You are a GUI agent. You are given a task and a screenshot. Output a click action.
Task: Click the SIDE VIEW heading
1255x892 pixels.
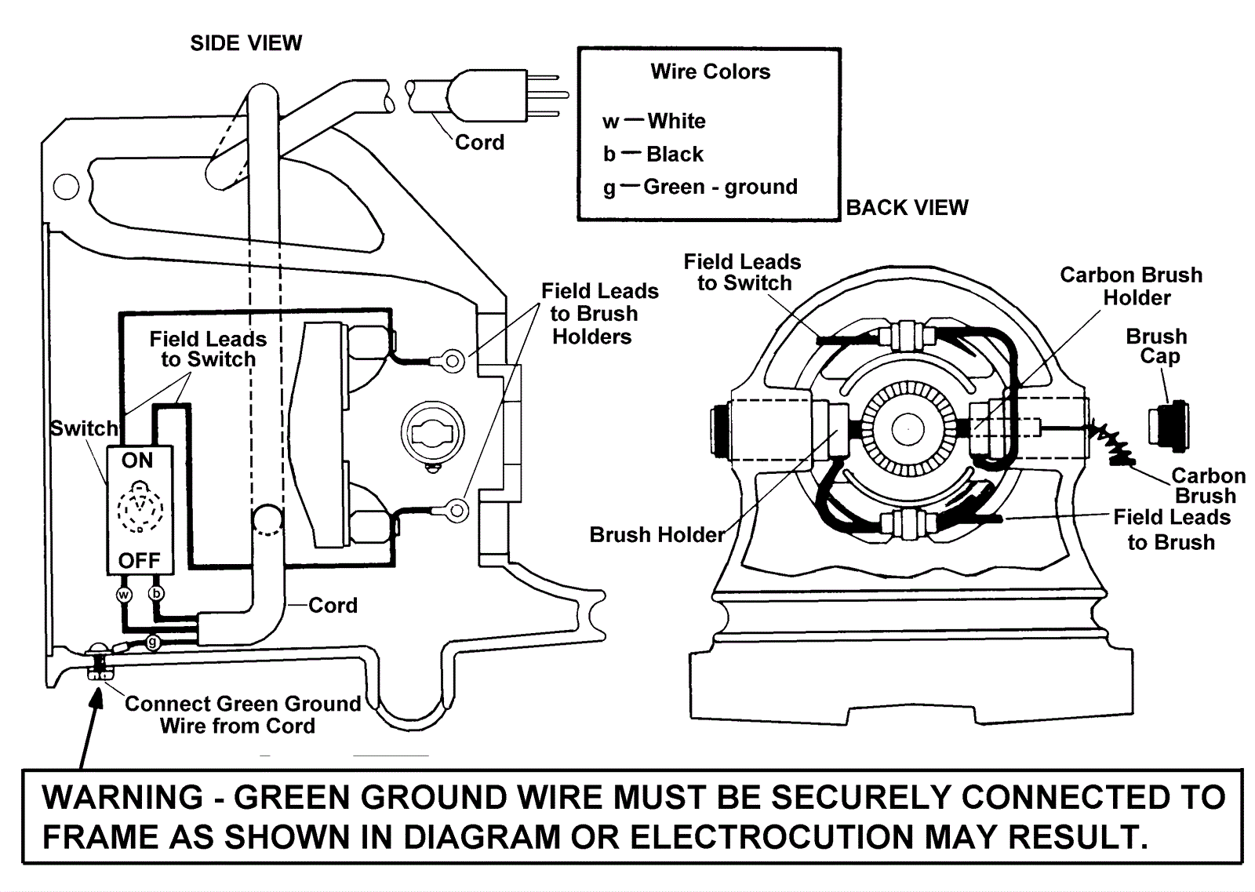click(x=246, y=43)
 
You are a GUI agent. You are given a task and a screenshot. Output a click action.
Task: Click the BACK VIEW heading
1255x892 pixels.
click(x=907, y=208)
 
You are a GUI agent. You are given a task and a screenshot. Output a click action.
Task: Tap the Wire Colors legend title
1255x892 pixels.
click(x=710, y=72)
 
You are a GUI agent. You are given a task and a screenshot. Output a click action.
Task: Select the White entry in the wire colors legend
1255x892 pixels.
click(x=675, y=122)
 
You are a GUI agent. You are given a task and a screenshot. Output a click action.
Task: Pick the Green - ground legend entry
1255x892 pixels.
click(x=719, y=188)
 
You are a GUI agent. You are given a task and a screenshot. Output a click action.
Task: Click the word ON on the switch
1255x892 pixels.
click(x=137, y=461)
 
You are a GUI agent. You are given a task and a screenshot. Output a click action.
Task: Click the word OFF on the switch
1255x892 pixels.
click(x=139, y=560)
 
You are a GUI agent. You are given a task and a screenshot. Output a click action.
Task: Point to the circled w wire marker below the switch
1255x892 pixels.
click(x=124, y=594)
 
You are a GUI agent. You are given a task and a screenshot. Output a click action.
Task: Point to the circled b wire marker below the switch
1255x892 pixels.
click(x=157, y=593)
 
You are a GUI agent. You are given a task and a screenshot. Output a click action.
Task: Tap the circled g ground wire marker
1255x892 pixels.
click(x=153, y=643)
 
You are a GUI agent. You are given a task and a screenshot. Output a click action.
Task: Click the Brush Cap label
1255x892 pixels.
click(x=1156, y=346)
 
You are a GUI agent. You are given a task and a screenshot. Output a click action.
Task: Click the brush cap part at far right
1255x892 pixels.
click(x=1170, y=426)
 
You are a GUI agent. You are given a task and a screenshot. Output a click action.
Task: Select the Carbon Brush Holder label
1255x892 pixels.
click(x=1130, y=286)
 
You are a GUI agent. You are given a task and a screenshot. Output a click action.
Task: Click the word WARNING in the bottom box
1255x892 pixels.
click(x=122, y=798)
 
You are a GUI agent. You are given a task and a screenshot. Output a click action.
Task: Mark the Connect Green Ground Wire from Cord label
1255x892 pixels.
click(x=242, y=715)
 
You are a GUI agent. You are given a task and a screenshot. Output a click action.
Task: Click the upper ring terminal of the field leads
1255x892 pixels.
click(x=453, y=360)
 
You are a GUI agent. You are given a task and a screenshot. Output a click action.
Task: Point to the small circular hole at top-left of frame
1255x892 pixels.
click(x=66, y=187)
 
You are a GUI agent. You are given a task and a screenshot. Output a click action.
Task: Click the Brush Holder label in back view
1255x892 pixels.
click(x=657, y=535)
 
